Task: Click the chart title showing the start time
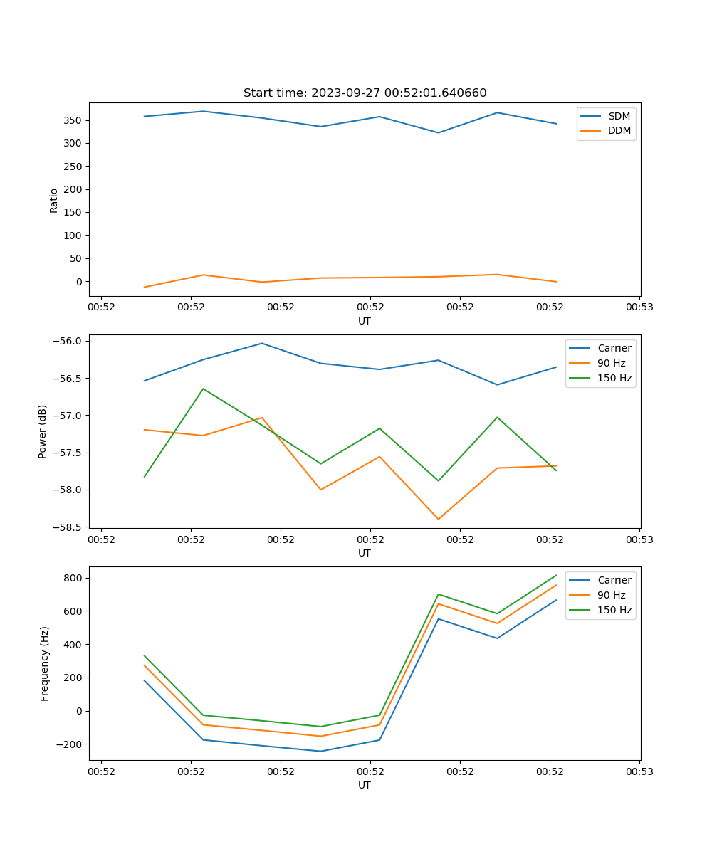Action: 365,93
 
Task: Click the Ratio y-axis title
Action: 54,200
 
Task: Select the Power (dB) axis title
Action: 43,431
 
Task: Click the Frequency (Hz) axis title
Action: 45,663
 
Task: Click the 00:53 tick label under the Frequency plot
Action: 639,771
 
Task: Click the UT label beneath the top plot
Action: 365,321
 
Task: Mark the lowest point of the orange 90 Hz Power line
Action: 439,519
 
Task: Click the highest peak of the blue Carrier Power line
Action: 262,343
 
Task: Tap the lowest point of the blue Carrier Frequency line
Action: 320,751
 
